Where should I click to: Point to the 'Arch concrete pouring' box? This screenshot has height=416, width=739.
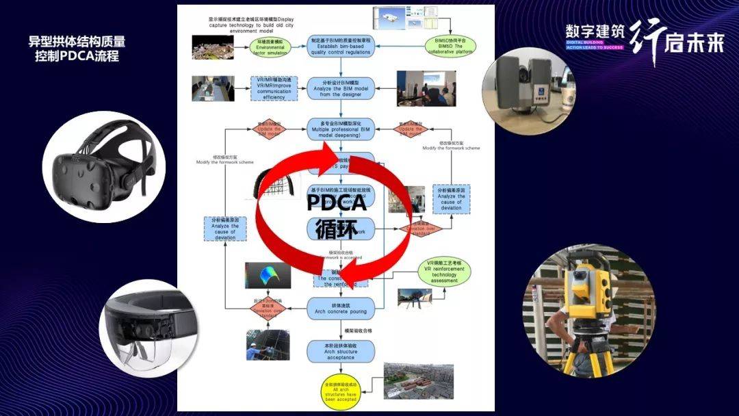tap(340, 308)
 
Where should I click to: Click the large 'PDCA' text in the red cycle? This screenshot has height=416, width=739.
tap(336, 202)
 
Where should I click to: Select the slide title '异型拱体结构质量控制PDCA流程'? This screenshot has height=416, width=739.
tap(77, 49)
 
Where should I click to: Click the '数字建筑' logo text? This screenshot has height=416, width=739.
tap(593, 32)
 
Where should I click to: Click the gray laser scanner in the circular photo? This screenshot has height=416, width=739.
tap(526, 84)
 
